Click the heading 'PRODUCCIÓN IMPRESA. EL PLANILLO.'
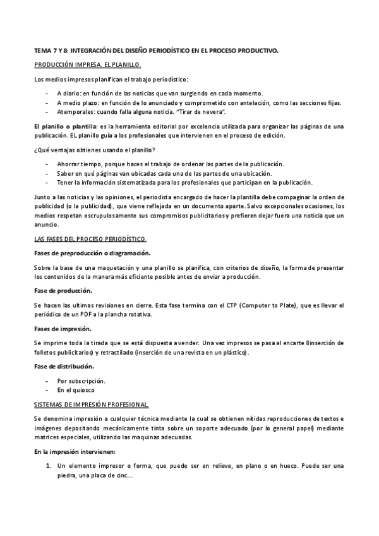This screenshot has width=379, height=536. [88, 66]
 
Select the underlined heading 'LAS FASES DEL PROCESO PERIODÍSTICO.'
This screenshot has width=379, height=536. [90, 239]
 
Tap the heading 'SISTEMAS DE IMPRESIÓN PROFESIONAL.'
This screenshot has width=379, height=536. [92, 403]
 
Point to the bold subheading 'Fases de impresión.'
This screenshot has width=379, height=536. [62, 329]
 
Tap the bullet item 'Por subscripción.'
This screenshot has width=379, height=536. [81, 381]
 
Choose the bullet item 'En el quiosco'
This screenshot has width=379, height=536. [76, 391]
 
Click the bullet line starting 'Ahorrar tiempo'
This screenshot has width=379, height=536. [171, 164]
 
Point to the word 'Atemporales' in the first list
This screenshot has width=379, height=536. [75, 111]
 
